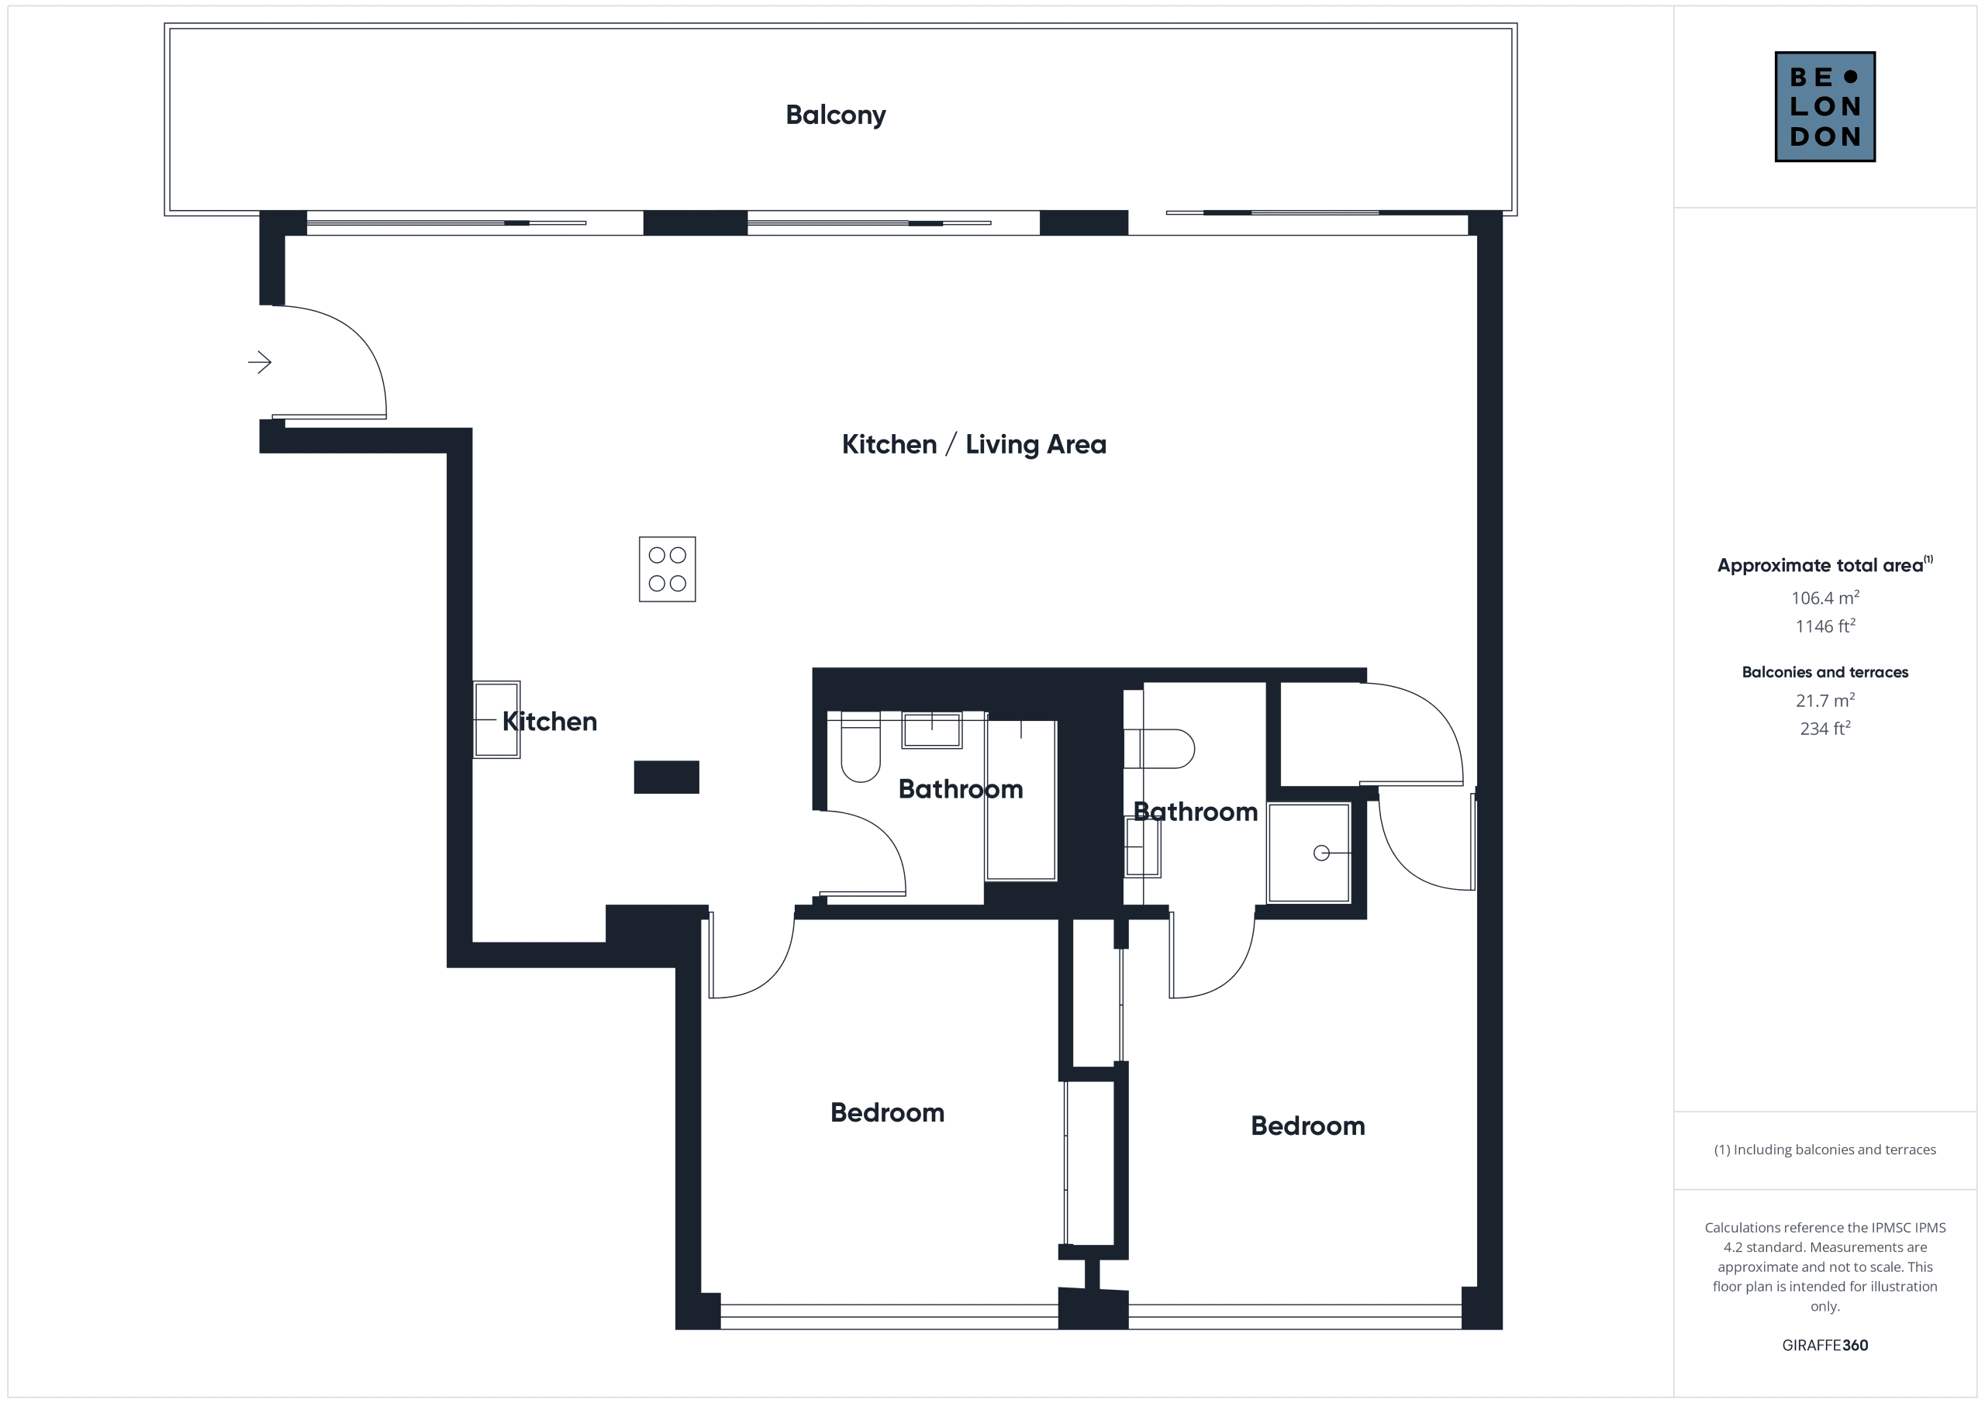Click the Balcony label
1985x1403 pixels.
(835, 115)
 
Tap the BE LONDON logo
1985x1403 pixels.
(1824, 106)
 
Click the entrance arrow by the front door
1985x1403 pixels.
(259, 361)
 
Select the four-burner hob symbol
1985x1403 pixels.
(668, 569)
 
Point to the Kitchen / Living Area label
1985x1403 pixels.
(973, 444)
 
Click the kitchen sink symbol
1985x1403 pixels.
(496, 719)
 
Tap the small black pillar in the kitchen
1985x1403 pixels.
(667, 777)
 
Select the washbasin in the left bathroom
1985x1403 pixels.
(932, 729)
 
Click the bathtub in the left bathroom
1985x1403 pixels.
(1021, 800)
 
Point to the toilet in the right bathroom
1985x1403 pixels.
(1158, 749)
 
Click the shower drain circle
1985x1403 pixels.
(1321, 853)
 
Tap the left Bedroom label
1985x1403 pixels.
(887, 1112)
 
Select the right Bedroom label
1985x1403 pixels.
(1307, 1126)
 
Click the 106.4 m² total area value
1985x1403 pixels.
(1824, 598)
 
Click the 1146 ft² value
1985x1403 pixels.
(1824, 626)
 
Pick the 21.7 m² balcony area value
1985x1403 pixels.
(1824, 700)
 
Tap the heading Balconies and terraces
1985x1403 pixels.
(1824, 672)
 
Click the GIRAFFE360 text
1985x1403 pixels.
(1824, 1345)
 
